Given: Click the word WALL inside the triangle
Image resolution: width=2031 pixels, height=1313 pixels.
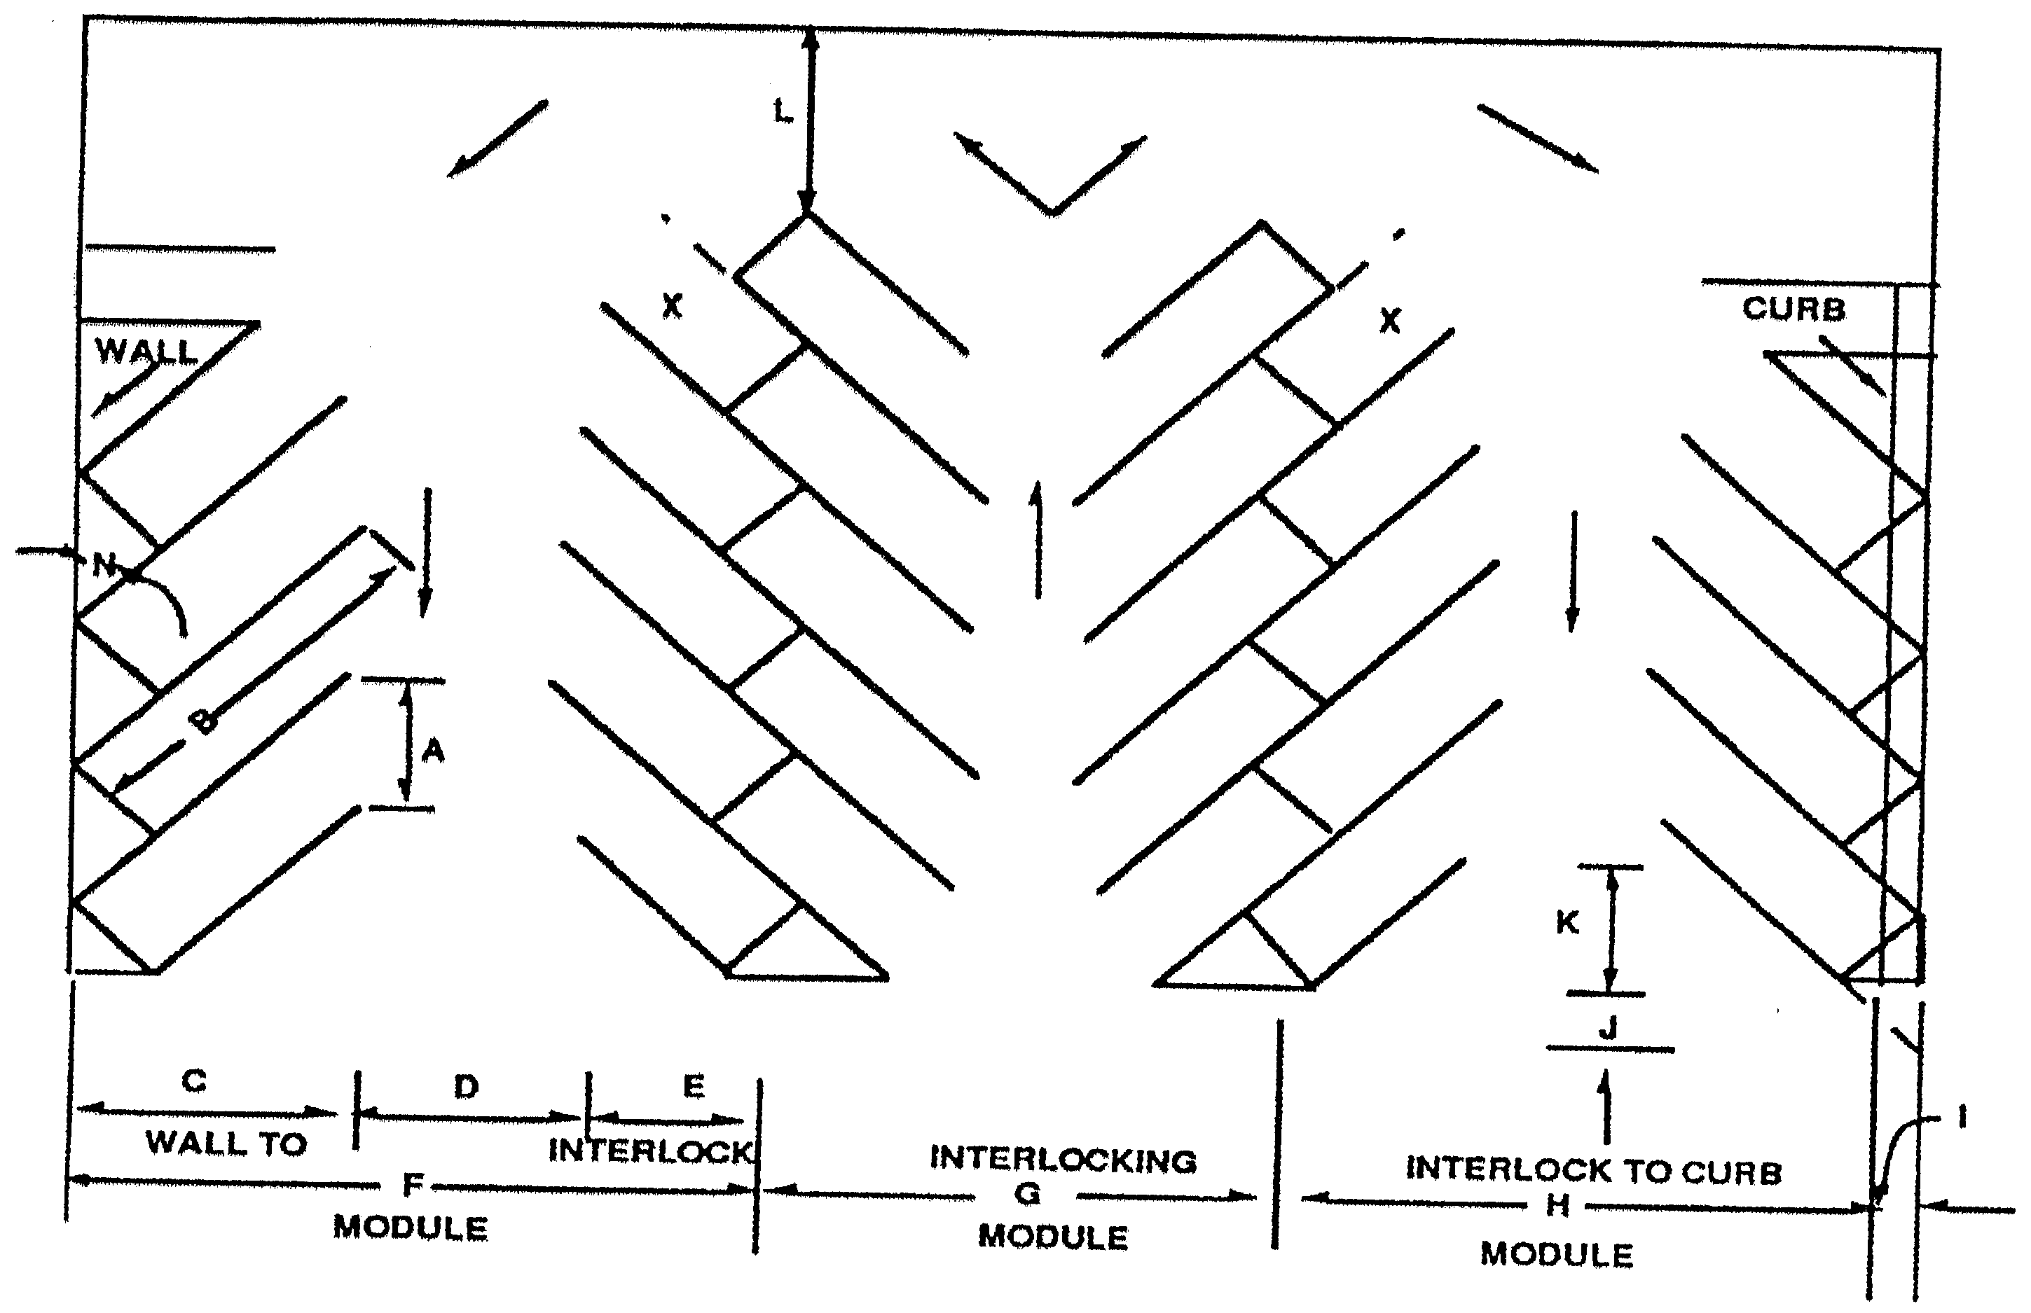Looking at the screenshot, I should [x=146, y=352].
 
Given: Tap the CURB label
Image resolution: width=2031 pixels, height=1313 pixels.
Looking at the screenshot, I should [x=1793, y=309].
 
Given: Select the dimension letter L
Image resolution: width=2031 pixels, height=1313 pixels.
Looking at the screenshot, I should [x=782, y=111].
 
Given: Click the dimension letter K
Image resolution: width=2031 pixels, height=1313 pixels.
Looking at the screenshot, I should [x=1567, y=922].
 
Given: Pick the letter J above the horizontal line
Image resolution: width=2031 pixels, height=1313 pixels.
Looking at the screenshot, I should [x=1608, y=1029].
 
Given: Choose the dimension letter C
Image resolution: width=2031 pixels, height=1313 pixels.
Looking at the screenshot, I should [x=195, y=1081].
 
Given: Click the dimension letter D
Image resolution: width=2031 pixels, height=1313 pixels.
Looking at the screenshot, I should [x=466, y=1087].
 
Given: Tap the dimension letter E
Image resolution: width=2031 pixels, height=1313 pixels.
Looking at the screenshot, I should [x=694, y=1087].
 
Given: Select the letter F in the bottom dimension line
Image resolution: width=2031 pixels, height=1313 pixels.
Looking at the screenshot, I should [x=413, y=1184].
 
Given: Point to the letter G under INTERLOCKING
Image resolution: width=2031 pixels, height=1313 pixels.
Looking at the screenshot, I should [x=1028, y=1195].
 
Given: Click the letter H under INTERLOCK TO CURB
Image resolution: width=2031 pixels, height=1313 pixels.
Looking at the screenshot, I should [x=1557, y=1204].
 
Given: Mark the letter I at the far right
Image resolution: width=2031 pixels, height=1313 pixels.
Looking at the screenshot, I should [x=1962, y=1117].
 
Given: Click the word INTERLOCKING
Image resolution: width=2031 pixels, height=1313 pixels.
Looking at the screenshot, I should [x=1063, y=1160].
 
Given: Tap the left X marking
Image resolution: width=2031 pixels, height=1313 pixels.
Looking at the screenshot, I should [x=672, y=306].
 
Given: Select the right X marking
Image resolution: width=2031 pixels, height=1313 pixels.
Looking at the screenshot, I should [x=1389, y=321].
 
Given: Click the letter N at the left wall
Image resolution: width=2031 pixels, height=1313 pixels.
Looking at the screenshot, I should [x=104, y=564].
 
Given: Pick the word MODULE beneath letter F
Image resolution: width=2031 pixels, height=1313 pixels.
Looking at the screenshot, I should [x=411, y=1228].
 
